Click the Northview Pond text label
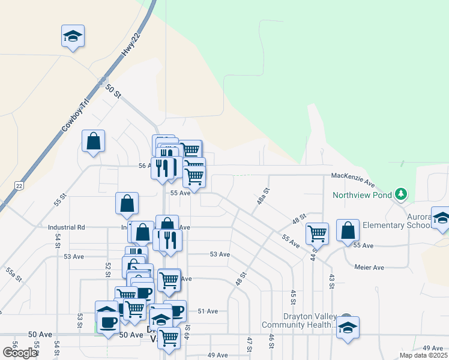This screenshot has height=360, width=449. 363,194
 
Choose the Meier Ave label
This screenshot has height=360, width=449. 369,267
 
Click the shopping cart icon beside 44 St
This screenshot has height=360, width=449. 316,233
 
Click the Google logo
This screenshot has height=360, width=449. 19,353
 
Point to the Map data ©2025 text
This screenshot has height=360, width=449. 423,355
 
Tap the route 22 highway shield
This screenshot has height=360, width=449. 19,186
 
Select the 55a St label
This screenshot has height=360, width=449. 14,275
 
